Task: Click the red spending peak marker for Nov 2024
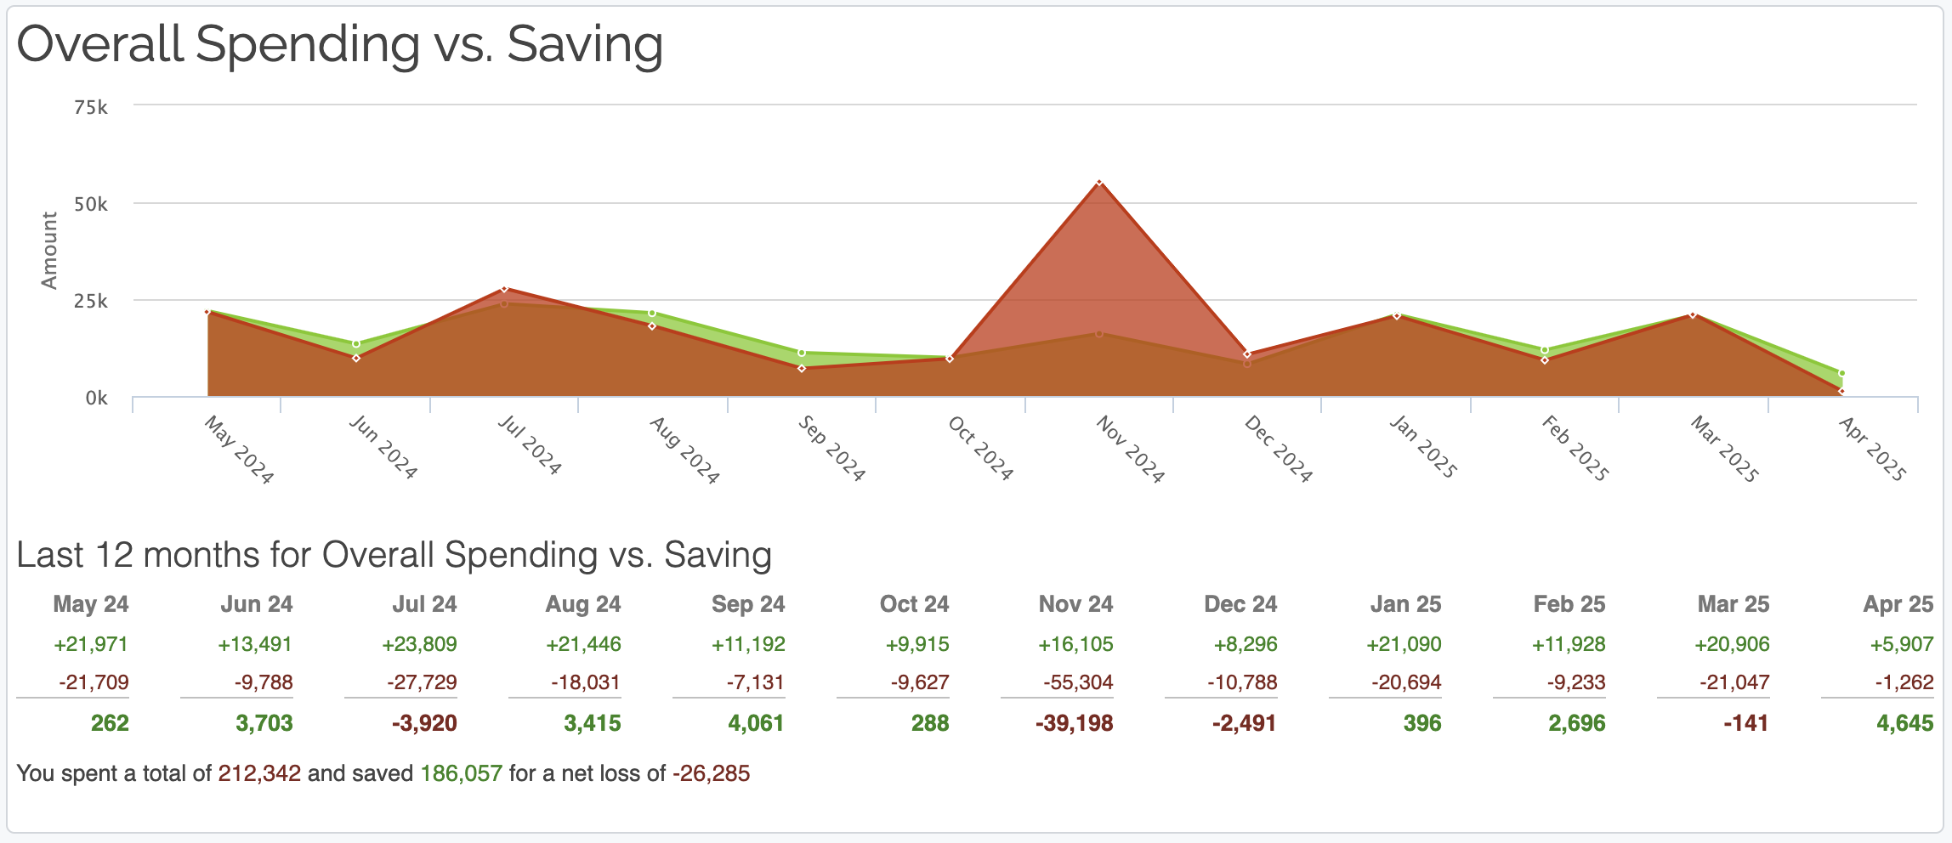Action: (x=1099, y=183)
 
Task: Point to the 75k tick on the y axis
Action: (x=91, y=107)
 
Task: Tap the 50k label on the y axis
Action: (x=91, y=204)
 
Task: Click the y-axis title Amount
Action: (x=49, y=251)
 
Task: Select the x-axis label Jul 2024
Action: (x=529, y=445)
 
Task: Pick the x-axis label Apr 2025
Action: (x=1871, y=450)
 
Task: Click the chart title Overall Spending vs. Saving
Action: (x=339, y=44)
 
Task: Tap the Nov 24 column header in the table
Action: (x=1075, y=604)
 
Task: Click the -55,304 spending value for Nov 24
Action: (x=1078, y=682)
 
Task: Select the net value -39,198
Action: (x=1074, y=723)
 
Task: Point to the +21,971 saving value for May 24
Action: (x=91, y=644)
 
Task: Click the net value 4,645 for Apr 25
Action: (x=1904, y=723)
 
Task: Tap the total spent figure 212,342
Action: (x=259, y=773)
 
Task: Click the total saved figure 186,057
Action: (x=462, y=773)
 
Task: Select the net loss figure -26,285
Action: (x=711, y=773)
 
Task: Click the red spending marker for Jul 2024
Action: (x=504, y=289)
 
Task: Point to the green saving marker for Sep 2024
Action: (x=802, y=353)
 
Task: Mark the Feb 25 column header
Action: (x=1569, y=604)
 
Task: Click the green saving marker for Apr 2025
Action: (x=1841, y=373)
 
